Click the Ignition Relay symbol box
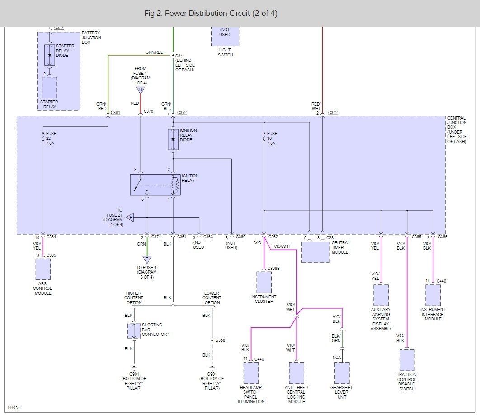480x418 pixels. tap(155, 185)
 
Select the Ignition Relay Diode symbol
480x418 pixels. tap(173, 139)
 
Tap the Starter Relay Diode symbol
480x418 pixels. tap(50, 55)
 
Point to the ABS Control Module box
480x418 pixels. tap(43, 269)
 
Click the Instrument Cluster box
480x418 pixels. tap(264, 282)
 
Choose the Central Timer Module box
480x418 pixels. tap(315, 252)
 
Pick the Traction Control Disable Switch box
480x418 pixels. tap(407, 360)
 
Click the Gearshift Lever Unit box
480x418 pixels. tap(342, 373)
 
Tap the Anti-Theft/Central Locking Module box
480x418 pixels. tap(296, 373)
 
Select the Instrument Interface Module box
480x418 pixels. tap(433, 295)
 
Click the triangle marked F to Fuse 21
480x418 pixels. tap(130, 218)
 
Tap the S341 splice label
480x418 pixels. tap(180, 56)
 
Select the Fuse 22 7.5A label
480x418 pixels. tap(51, 138)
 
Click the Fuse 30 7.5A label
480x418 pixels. tap(272, 138)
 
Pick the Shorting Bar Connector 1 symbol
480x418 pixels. tap(134, 330)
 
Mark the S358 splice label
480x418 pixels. tap(221, 340)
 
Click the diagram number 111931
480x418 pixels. tap(14, 408)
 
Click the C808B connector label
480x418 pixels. tap(274, 268)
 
